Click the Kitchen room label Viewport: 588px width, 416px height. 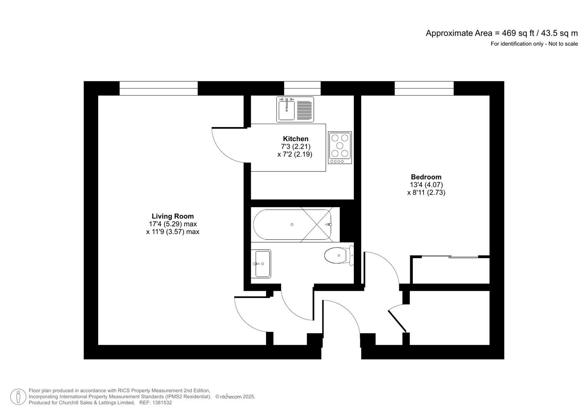[295, 139]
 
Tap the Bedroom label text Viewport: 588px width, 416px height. [426, 177]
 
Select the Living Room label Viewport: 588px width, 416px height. [173, 216]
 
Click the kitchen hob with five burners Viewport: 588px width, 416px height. [340, 148]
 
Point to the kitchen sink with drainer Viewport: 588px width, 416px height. [295, 109]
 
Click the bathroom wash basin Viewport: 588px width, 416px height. [261, 263]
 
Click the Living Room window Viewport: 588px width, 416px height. [158, 88]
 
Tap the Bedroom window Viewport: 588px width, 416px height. [424, 88]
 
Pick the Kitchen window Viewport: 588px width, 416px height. [302, 88]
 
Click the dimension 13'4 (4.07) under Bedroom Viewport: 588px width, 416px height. [426, 185]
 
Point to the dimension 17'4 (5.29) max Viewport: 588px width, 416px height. [173, 224]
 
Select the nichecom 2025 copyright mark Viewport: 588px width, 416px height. [235, 397]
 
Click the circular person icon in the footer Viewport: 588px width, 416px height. [18, 397]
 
